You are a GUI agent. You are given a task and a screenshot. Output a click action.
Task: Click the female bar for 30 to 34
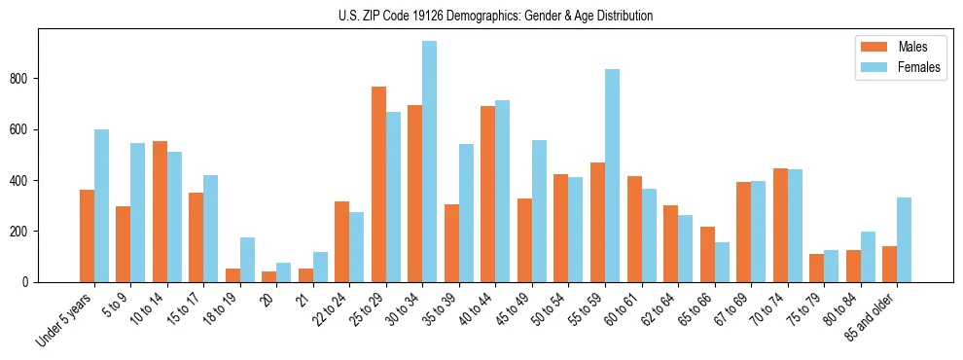[x=429, y=162]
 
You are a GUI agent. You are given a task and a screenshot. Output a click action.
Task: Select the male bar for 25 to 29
[x=378, y=184]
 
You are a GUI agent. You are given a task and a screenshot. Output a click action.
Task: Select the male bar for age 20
[x=268, y=276]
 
